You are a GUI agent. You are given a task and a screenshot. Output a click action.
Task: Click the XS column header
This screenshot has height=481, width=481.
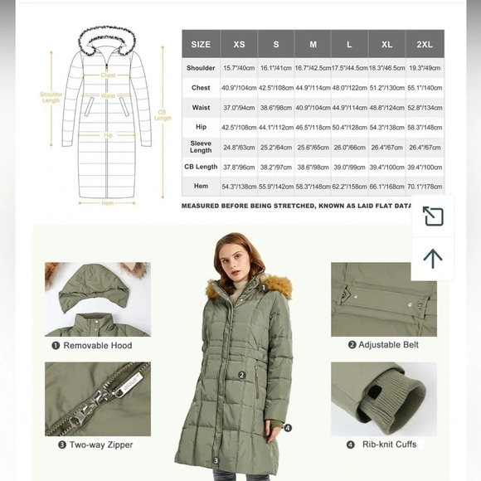[x=238, y=44]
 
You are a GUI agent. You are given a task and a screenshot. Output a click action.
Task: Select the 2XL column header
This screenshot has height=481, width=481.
[x=425, y=44]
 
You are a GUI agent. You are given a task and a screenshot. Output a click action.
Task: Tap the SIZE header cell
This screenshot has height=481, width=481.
[x=201, y=44]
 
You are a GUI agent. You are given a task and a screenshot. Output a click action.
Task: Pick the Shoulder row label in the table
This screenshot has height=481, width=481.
[x=201, y=69]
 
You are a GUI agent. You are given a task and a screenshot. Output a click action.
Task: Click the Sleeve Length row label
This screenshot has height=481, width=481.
[x=201, y=147]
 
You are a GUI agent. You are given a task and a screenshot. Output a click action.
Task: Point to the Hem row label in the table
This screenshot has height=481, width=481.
[x=201, y=187]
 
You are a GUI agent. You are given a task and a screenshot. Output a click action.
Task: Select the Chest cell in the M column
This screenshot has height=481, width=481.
[x=313, y=88]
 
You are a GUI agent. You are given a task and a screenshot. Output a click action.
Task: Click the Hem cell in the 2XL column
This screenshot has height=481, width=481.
[x=425, y=187]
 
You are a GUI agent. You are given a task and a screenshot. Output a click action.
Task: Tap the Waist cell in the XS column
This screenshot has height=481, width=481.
[x=238, y=108]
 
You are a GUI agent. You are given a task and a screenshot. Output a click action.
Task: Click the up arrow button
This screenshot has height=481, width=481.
[x=433, y=258]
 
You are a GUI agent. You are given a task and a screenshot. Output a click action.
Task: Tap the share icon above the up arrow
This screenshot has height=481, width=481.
[x=433, y=216]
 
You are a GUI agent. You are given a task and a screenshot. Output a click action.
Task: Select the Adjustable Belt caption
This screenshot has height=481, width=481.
[x=383, y=345]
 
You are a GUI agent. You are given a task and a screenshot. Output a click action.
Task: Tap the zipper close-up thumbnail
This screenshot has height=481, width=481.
[x=97, y=399]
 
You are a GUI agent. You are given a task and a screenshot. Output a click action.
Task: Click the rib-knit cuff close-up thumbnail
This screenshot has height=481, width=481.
[x=383, y=399]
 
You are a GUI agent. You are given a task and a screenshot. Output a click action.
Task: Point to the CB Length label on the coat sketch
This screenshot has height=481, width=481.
[x=163, y=114]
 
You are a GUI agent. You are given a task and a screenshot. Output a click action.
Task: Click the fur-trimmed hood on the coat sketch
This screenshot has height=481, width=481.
[x=108, y=37]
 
